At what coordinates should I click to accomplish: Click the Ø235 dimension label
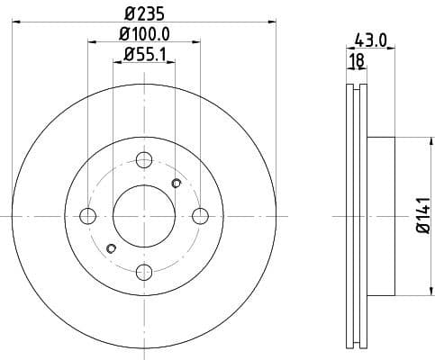(143, 13)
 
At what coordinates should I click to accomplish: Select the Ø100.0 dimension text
(143, 35)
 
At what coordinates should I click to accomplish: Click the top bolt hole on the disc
(144, 160)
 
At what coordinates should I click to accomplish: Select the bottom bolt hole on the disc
(144, 272)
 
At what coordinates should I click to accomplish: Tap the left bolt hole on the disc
(87, 216)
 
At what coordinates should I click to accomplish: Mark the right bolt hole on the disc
(200, 216)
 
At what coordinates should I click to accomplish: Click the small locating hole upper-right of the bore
(176, 184)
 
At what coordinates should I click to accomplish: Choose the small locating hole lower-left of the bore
(112, 248)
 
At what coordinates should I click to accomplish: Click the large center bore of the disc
(144, 216)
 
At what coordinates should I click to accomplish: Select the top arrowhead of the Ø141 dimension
(423, 140)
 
